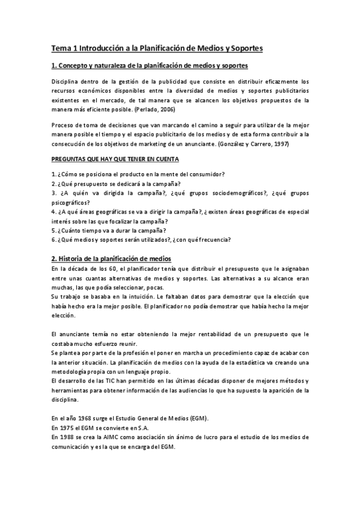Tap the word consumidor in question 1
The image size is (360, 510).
(x=204, y=174)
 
